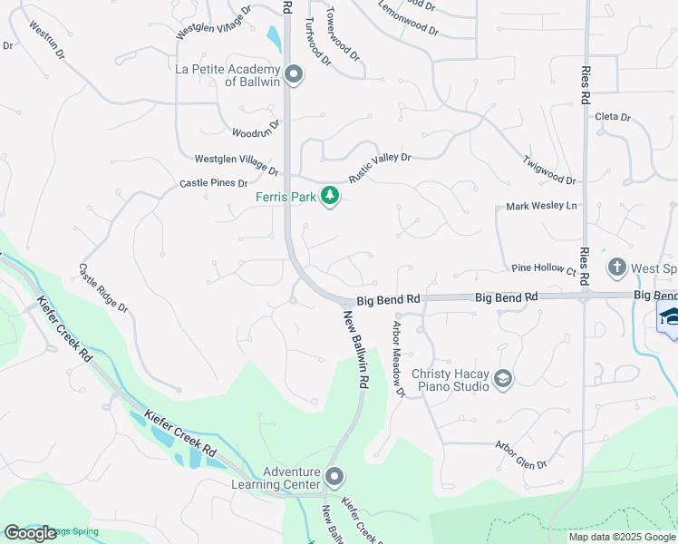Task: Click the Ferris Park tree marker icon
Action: click(331, 196)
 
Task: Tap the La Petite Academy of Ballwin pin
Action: click(293, 74)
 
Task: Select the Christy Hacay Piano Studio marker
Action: click(503, 379)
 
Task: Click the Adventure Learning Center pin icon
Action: click(334, 476)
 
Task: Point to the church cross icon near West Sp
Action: click(617, 267)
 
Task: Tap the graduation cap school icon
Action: click(670, 316)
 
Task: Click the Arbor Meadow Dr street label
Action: click(397, 357)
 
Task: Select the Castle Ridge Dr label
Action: click(103, 289)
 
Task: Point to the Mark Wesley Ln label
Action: click(541, 207)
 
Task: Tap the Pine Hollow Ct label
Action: click(544, 269)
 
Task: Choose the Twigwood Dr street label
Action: click(549, 170)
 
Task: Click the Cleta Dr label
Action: click(613, 117)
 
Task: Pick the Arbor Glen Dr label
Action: click(521, 455)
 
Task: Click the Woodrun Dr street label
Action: click(257, 130)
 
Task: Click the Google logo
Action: click(30, 533)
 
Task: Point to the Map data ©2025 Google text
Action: click(621, 537)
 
